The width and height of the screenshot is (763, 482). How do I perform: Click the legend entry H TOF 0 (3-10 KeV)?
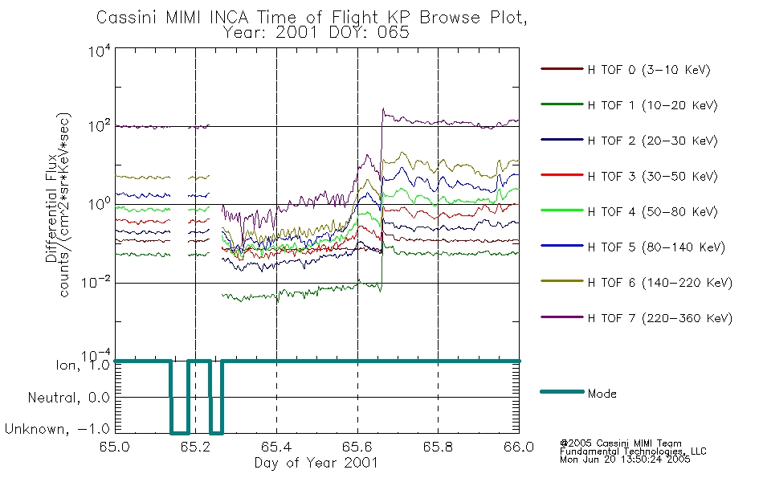(649, 70)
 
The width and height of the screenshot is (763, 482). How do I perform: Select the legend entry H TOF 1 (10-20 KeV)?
(652, 106)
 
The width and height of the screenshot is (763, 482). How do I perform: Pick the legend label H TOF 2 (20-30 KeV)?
(652, 141)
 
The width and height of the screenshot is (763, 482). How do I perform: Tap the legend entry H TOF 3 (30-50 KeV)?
(652, 176)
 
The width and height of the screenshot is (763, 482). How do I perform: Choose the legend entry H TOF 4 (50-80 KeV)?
(652, 212)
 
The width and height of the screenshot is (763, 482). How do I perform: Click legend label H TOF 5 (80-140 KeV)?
(656, 247)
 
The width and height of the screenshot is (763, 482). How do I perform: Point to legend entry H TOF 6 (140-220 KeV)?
(660, 283)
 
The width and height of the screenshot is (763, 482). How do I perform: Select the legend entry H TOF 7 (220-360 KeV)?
(660, 318)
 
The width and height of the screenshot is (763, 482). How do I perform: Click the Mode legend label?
(602, 394)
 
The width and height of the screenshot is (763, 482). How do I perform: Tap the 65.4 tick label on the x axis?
(277, 447)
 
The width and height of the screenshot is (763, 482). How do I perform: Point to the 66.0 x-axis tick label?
(519, 447)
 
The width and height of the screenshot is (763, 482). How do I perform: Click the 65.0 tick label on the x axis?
(115, 447)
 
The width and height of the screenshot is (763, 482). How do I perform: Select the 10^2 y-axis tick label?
(100, 125)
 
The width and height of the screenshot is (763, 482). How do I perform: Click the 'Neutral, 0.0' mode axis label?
(68, 398)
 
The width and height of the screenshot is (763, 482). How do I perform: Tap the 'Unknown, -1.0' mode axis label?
(57, 430)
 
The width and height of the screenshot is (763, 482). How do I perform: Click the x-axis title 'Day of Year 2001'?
(316, 463)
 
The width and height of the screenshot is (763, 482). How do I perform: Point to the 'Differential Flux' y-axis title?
(51, 209)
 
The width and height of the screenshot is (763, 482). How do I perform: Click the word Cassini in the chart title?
(127, 18)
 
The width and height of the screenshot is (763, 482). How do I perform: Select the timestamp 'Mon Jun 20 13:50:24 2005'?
(625, 460)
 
